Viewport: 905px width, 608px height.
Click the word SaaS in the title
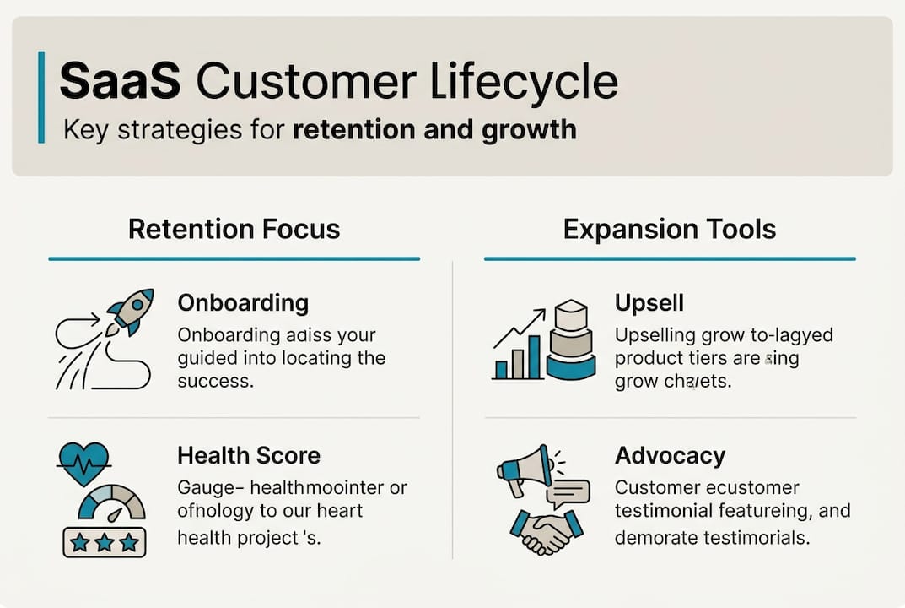point(120,82)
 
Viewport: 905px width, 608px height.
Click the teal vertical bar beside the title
point(41,97)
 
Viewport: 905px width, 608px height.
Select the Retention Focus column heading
point(234,229)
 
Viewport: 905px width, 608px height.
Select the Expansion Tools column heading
point(670,229)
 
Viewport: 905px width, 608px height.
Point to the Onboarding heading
point(243,303)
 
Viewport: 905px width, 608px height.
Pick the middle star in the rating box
point(105,541)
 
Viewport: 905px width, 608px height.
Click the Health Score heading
point(249,456)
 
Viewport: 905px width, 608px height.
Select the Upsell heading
point(649,303)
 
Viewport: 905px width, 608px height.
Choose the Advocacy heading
point(670,456)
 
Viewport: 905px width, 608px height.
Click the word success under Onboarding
point(214,381)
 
